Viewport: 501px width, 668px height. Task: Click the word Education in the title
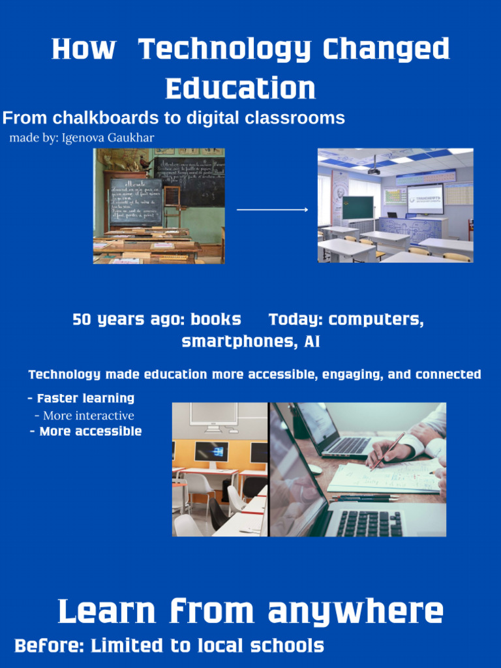241,89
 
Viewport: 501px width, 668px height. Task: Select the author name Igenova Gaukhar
108,138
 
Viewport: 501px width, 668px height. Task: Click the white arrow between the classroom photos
272,209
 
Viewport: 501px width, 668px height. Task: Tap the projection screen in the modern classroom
425,198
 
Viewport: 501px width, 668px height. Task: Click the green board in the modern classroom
357,207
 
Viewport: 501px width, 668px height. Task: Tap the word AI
312,342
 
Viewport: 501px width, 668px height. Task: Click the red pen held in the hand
387,451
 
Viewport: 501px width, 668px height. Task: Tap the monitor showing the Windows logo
211,451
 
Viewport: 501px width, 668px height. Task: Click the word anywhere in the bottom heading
356,613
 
